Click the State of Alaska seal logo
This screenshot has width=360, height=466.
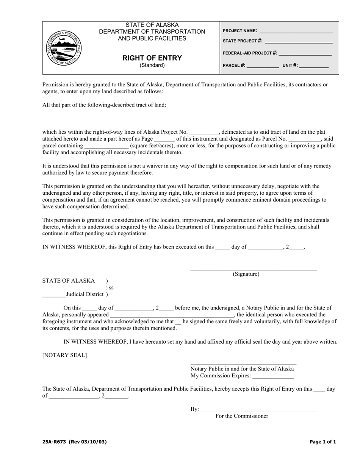(x=63, y=48)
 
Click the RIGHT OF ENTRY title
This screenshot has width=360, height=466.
(x=152, y=58)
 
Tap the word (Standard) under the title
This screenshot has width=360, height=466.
(x=152, y=65)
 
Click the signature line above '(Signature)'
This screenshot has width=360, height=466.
(x=254, y=269)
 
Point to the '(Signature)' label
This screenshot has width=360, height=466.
(x=246, y=274)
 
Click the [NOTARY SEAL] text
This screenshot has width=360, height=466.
(x=64, y=355)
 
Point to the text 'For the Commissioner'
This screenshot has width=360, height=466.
(x=242, y=416)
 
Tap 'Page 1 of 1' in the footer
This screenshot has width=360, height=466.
(x=322, y=442)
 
